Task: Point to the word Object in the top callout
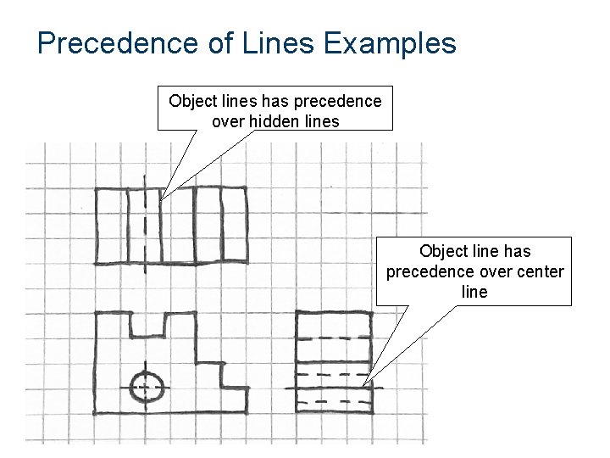click(x=194, y=102)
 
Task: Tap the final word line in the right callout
click(x=474, y=292)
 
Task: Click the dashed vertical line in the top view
click(x=145, y=225)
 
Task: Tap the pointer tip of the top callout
click(x=161, y=199)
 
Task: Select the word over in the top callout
click(x=227, y=121)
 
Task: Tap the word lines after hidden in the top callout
click(x=324, y=121)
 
